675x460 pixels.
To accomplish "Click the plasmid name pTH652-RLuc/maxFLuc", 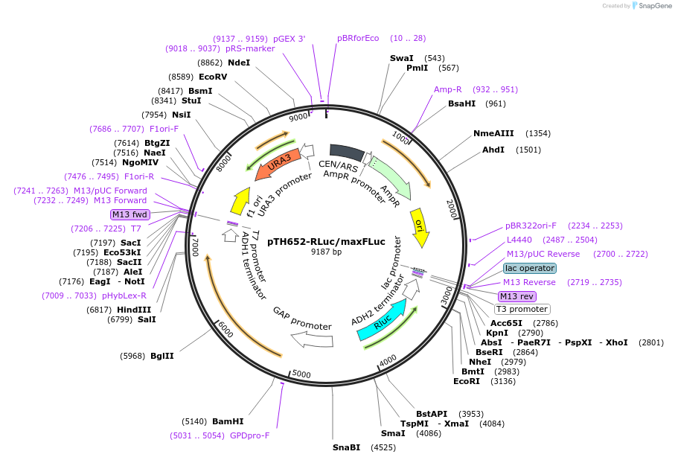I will pos(326,241).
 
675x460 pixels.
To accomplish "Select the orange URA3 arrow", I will pos(278,164).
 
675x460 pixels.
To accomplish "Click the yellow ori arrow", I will pos(420,227).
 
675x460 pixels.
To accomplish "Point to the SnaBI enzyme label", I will pos(346,447).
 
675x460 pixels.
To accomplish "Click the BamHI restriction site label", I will pos(228,421).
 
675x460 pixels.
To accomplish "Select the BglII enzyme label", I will pos(161,356).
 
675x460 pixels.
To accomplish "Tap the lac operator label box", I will pos(529,268).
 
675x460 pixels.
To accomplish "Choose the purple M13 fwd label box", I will pos(129,214).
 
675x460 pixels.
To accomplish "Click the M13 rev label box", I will pos(516,296).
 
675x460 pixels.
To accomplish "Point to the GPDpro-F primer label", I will pos(250,435).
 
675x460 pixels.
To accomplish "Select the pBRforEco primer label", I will pos(358,38).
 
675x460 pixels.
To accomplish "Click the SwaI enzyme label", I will pos(402,58).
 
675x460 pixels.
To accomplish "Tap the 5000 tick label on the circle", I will pos(301,373).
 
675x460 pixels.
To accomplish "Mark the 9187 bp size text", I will pos(326,252).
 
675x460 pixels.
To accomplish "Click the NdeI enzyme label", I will pos(239,63).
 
